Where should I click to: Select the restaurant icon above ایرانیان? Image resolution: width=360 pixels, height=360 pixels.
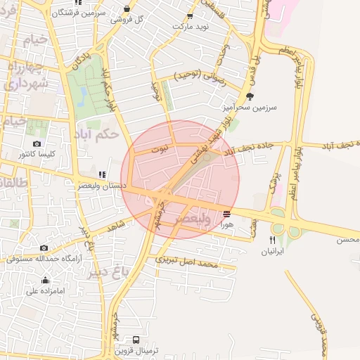[273, 240]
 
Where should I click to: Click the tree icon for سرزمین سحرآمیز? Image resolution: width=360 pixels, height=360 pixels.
[250, 96]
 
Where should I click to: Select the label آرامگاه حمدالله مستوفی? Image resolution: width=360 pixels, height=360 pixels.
[42, 258]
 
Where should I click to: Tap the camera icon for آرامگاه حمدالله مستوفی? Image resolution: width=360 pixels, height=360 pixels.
[44, 247]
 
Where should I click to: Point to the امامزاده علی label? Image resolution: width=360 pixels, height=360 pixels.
[45, 290]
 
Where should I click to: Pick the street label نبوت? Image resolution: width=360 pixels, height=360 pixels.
[160, 150]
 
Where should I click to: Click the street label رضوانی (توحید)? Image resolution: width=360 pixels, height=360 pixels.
[198, 75]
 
